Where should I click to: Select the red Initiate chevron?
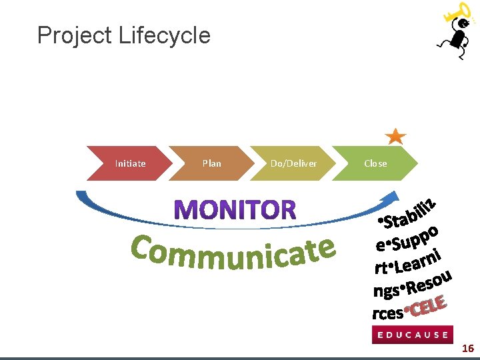click(x=131, y=163)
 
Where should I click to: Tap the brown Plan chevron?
click(x=212, y=163)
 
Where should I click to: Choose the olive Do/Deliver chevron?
click(x=293, y=163)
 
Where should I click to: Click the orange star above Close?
click(x=396, y=136)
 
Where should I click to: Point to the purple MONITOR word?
click(x=236, y=211)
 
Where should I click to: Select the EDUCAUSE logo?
click(x=412, y=335)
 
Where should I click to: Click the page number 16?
click(x=468, y=349)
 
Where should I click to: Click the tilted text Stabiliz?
click(x=409, y=211)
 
